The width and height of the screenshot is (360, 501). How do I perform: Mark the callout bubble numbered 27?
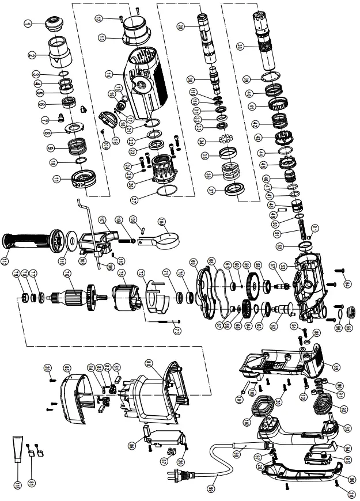click(x=135, y=199)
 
